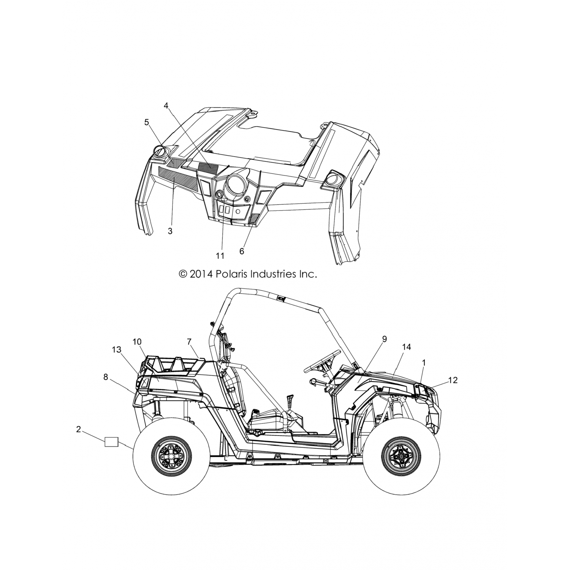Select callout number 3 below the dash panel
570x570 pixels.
pyautogui.click(x=170, y=231)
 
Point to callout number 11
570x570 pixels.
pyautogui.click(x=220, y=256)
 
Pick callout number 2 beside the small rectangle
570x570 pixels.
pyautogui.click(x=78, y=429)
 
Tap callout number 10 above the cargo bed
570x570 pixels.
pyautogui.click(x=137, y=342)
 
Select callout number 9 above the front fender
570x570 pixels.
pyautogui.click(x=384, y=339)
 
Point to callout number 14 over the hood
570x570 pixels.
pyautogui.click(x=406, y=347)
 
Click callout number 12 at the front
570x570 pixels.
pyautogui.click(x=453, y=380)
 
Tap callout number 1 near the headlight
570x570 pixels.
pyautogui.click(x=424, y=363)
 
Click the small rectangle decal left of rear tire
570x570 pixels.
pyautogui.click(x=112, y=442)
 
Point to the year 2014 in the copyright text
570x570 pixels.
pyautogui.click(x=202, y=274)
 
